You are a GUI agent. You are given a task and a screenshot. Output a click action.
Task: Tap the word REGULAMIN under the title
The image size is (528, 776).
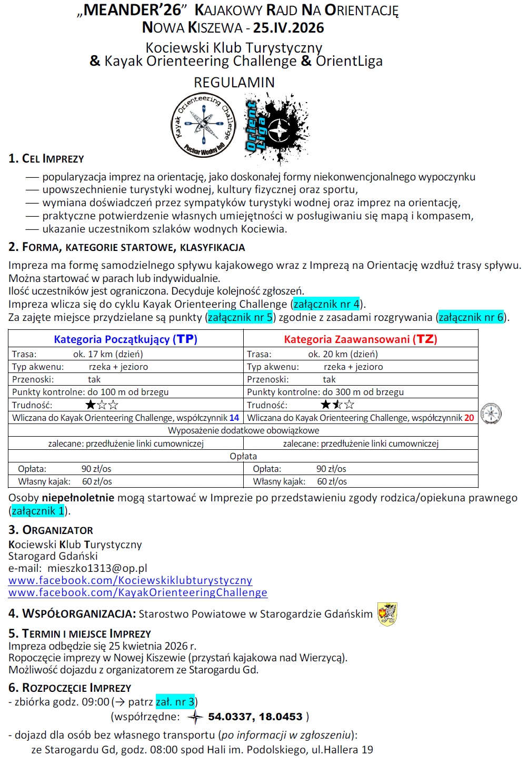tap(234, 83)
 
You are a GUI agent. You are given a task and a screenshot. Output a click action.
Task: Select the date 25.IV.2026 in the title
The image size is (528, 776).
tap(288, 28)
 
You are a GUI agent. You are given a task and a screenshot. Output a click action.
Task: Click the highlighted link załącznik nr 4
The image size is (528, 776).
tap(326, 304)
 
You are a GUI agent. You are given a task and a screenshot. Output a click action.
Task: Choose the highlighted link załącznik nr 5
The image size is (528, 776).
tap(241, 317)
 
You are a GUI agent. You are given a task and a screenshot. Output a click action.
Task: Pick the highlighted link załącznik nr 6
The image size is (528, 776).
tap(471, 317)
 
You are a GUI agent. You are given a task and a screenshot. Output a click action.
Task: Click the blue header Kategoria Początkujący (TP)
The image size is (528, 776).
tap(125, 339)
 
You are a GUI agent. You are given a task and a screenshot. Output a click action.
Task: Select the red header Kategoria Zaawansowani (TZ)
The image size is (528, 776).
tap(361, 339)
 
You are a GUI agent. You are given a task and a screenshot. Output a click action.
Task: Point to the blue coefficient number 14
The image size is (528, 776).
tap(234, 418)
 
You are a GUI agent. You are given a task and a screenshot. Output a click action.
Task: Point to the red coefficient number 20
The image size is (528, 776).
tap(469, 418)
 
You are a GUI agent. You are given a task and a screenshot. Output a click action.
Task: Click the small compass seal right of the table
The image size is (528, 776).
tap(491, 414)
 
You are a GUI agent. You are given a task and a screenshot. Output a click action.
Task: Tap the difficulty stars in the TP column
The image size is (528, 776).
tap(102, 405)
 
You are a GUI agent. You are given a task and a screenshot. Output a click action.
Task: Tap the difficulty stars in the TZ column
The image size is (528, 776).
tap(337, 405)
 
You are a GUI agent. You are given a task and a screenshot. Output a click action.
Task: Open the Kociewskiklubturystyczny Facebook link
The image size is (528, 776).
tap(130, 580)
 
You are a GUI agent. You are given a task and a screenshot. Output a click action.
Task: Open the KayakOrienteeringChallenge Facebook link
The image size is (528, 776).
tap(138, 592)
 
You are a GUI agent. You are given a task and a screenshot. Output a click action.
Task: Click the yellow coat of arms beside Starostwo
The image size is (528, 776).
tap(387, 614)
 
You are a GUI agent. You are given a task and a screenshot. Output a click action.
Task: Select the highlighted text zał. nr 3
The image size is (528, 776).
tap(175, 702)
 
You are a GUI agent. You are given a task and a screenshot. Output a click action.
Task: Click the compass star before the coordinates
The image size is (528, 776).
tap(195, 717)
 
